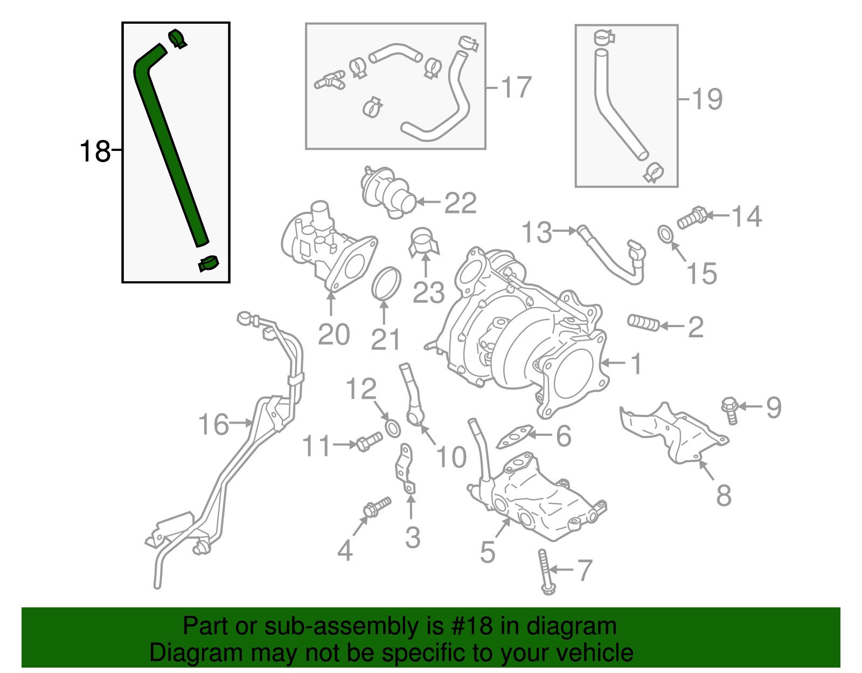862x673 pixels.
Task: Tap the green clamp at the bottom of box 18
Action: pyautogui.click(x=208, y=264)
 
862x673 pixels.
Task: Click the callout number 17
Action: pyautogui.click(x=516, y=87)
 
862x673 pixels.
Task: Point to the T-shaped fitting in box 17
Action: pyautogui.click(x=329, y=80)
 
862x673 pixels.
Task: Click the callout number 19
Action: pyautogui.click(x=706, y=99)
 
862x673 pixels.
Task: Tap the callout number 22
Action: pyautogui.click(x=460, y=203)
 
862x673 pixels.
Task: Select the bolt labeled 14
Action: pyautogui.click(x=691, y=217)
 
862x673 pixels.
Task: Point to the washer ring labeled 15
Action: pyautogui.click(x=666, y=234)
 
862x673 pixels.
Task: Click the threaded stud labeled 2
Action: pyautogui.click(x=643, y=323)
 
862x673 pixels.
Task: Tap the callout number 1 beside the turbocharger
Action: pyautogui.click(x=636, y=364)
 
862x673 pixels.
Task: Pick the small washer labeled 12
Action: pyautogui.click(x=393, y=428)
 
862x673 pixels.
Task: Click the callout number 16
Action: pyautogui.click(x=213, y=425)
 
